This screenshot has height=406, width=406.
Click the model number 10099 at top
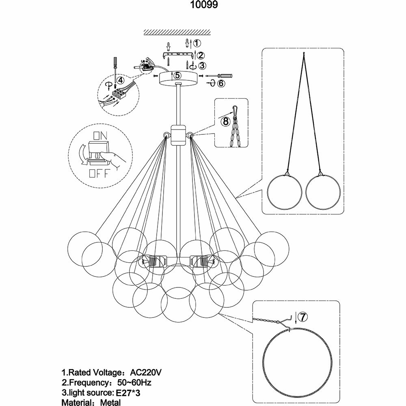point(202,6)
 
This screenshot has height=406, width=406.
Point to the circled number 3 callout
point(202,65)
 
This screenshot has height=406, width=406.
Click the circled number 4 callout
point(120,80)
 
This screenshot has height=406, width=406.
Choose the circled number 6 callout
point(221,83)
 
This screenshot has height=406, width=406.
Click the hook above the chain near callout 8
point(235,110)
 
